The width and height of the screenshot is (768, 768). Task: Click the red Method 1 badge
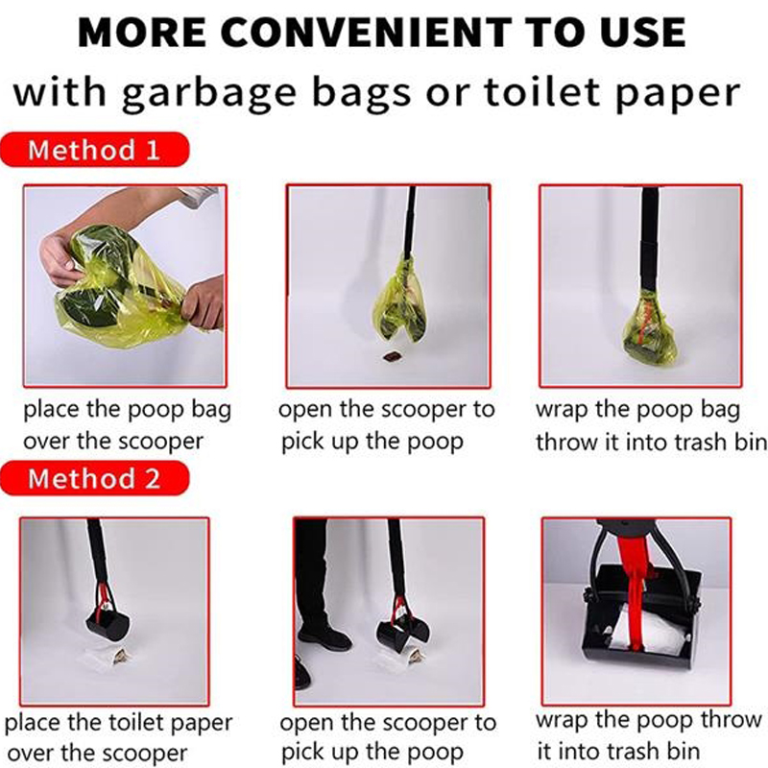pyautogui.click(x=94, y=150)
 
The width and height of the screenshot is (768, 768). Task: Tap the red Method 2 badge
pyautogui.click(x=94, y=478)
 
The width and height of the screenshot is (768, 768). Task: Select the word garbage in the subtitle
pyautogui.click(x=209, y=93)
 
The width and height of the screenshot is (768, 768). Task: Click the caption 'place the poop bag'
pyautogui.click(x=128, y=410)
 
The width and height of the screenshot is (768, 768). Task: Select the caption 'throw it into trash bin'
pyautogui.click(x=652, y=443)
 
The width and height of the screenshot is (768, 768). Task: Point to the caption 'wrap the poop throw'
pyautogui.click(x=649, y=721)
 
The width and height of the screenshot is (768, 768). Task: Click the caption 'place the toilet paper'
pyautogui.click(x=118, y=723)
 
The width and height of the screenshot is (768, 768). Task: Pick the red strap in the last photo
pyautogui.click(x=635, y=583)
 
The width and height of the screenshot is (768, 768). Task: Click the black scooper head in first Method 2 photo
pyautogui.click(x=108, y=623)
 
